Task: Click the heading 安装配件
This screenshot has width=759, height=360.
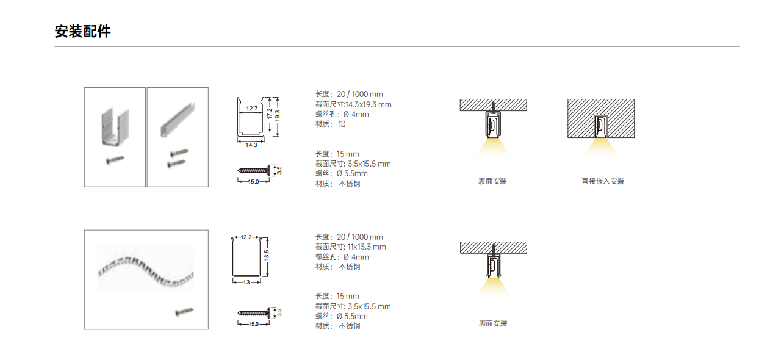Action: [x=83, y=32]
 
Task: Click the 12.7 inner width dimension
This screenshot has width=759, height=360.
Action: [x=252, y=109]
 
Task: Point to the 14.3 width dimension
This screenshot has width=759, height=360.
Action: [x=251, y=145]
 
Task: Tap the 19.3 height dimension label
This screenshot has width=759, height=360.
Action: [x=278, y=116]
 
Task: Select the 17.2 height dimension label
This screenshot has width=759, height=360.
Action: [x=270, y=113]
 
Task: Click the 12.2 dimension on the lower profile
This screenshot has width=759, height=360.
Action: [x=246, y=237]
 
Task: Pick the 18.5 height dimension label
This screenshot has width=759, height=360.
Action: [x=267, y=255]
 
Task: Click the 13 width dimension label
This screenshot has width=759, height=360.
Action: [x=246, y=282]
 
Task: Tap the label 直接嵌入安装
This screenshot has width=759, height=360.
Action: [x=603, y=181]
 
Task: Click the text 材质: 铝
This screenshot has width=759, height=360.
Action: [x=330, y=124]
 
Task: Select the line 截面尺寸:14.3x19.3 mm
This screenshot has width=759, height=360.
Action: [x=353, y=104]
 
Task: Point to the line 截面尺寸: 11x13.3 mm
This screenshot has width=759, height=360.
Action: [x=351, y=247]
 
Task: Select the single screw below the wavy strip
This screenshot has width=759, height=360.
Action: [x=184, y=312]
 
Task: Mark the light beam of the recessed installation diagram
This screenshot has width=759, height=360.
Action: [x=600, y=147]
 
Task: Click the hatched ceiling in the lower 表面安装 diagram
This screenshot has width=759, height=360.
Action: [x=494, y=248]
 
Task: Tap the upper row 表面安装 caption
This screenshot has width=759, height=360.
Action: [x=492, y=181]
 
